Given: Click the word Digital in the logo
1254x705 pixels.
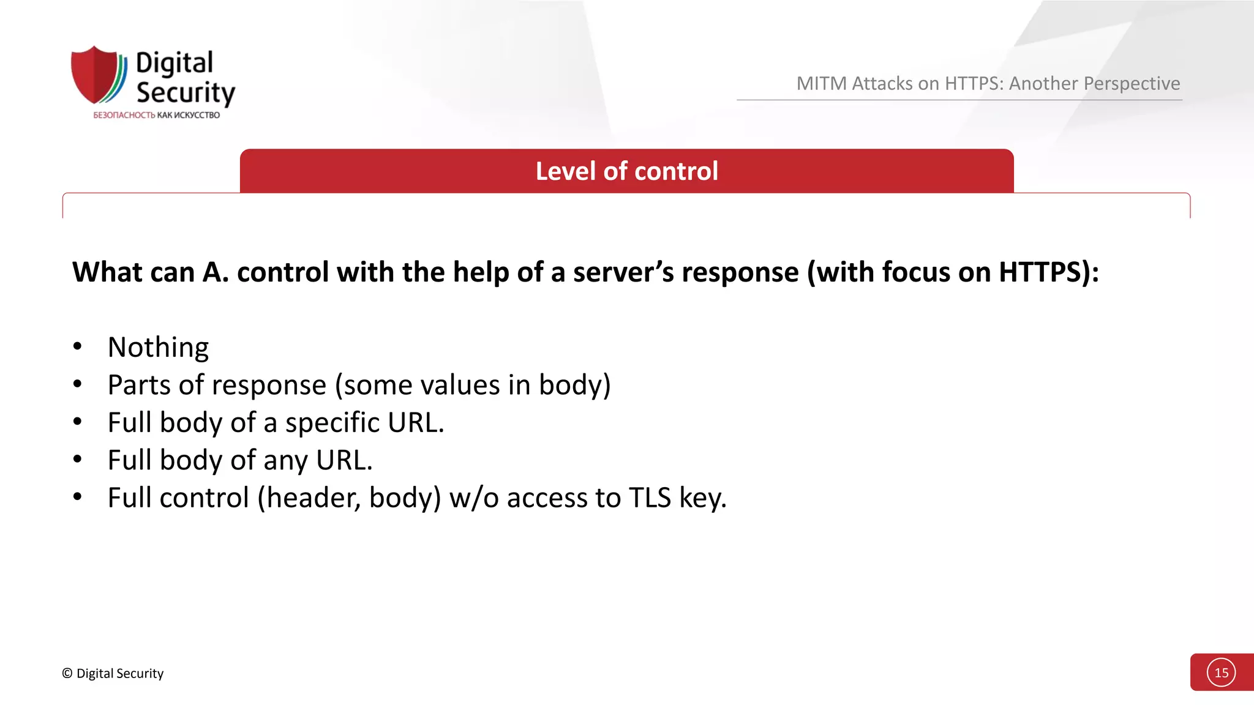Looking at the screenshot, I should pyautogui.click(x=174, y=64).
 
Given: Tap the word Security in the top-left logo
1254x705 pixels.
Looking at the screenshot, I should pyautogui.click(x=186, y=92).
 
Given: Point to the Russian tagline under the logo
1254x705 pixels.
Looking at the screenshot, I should pyautogui.click(x=156, y=115).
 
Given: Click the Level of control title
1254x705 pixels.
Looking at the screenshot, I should pyautogui.click(x=626, y=171).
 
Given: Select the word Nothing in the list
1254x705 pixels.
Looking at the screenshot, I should pyautogui.click(x=158, y=348).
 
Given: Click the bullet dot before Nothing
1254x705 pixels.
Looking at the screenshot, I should pyautogui.click(x=77, y=347).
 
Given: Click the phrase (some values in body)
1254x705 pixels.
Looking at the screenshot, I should pyautogui.click(x=473, y=385).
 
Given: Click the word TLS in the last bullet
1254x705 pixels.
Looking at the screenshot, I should pyautogui.click(x=650, y=498).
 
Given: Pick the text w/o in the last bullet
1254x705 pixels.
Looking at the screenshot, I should pyautogui.click(x=475, y=498).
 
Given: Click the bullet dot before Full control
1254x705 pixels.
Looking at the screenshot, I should pyautogui.click(x=77, y=497).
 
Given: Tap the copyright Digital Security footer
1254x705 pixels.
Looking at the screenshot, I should pyautogui.click(x=113, y=673).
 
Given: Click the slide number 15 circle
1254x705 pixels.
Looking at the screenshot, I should pyautogui.click(x=1221, y=673).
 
